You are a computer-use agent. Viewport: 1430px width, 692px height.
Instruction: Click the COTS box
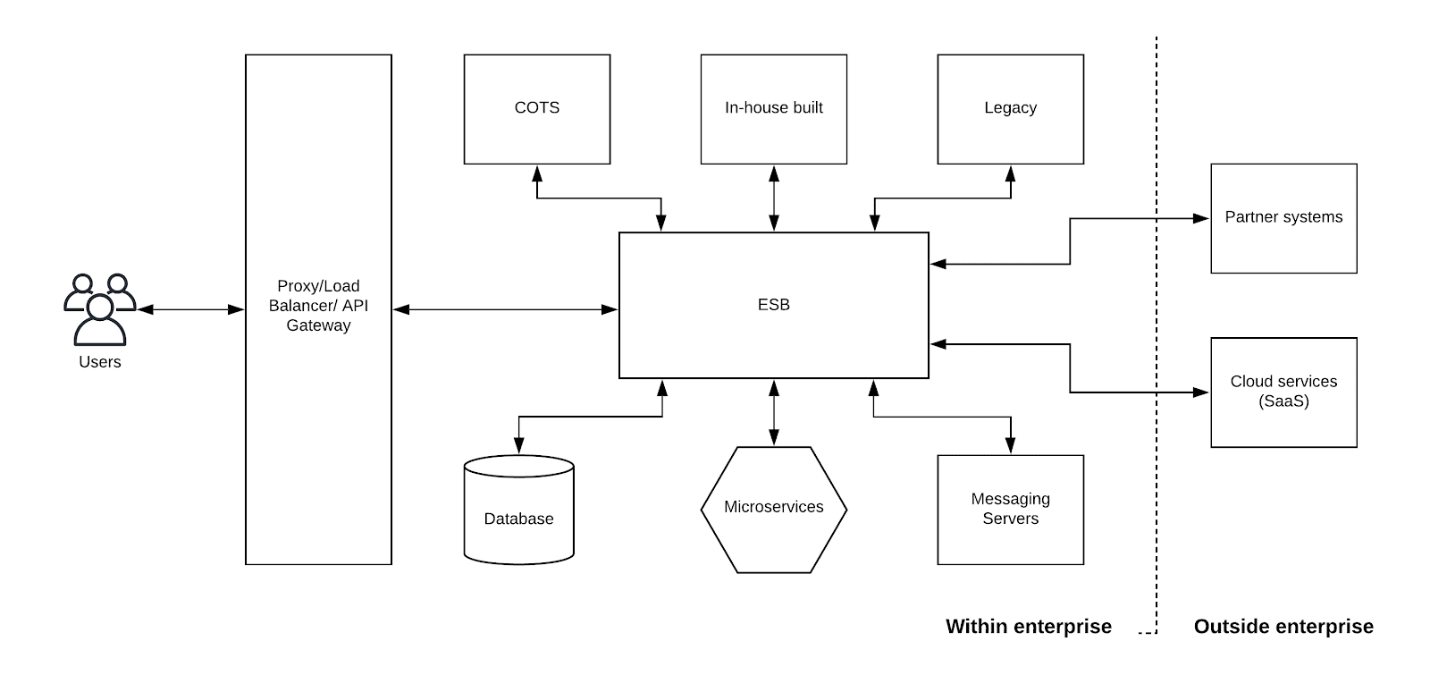coord(536,109)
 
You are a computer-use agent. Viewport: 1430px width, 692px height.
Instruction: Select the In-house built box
coord(773,109)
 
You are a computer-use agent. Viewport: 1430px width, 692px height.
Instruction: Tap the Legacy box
coord(1010,109)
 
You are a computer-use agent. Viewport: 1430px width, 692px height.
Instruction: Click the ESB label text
coord(773,305)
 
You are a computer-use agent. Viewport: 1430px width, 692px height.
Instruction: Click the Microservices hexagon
coord(773,508)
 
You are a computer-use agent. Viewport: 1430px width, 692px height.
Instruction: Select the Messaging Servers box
coord(1010,510)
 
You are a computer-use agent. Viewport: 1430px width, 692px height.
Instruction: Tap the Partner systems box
coord(1283,218)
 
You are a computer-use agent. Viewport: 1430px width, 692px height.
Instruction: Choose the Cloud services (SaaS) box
coord(1283,392)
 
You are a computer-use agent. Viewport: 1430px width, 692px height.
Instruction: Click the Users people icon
coord(99,308)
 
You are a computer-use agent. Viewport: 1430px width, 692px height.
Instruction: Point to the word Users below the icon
coord(99,362)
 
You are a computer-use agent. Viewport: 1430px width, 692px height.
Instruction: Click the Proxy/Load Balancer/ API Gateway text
coord(318,306)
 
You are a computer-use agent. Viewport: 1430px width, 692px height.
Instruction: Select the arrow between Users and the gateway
coord(190,309)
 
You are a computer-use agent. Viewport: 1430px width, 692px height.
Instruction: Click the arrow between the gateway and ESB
coord(505,309)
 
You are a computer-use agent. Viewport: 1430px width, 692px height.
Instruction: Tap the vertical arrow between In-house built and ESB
coord(774,198)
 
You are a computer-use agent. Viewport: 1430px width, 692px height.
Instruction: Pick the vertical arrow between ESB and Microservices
coord(774,412)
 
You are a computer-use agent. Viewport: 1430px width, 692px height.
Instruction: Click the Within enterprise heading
coord(1028,627)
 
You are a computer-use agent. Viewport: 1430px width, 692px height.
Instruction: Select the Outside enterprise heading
coord(1283,627)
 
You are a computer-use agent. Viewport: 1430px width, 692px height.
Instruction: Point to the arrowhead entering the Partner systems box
coord(1202,218)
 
